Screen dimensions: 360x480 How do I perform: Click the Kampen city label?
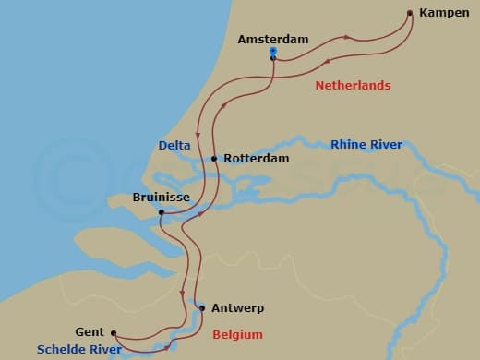444,13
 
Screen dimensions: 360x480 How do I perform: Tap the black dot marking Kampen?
410,13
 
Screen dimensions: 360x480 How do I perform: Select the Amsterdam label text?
272,40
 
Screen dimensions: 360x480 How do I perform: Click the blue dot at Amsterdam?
273,52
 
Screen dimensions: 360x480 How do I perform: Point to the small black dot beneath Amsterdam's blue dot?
273,59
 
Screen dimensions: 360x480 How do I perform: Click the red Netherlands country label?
353,85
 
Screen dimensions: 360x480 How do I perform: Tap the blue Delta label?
174,145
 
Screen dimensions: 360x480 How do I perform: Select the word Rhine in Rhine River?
348,145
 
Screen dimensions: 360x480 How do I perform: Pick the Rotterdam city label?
256,159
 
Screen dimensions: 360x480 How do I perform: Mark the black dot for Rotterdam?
214,159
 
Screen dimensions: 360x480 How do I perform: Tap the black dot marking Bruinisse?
162,213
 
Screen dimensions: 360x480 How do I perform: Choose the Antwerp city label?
239,308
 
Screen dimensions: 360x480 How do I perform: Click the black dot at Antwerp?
202,308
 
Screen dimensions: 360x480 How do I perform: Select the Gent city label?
90,332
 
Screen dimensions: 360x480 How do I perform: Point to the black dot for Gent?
114,333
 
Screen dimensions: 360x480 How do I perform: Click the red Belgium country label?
237,334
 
